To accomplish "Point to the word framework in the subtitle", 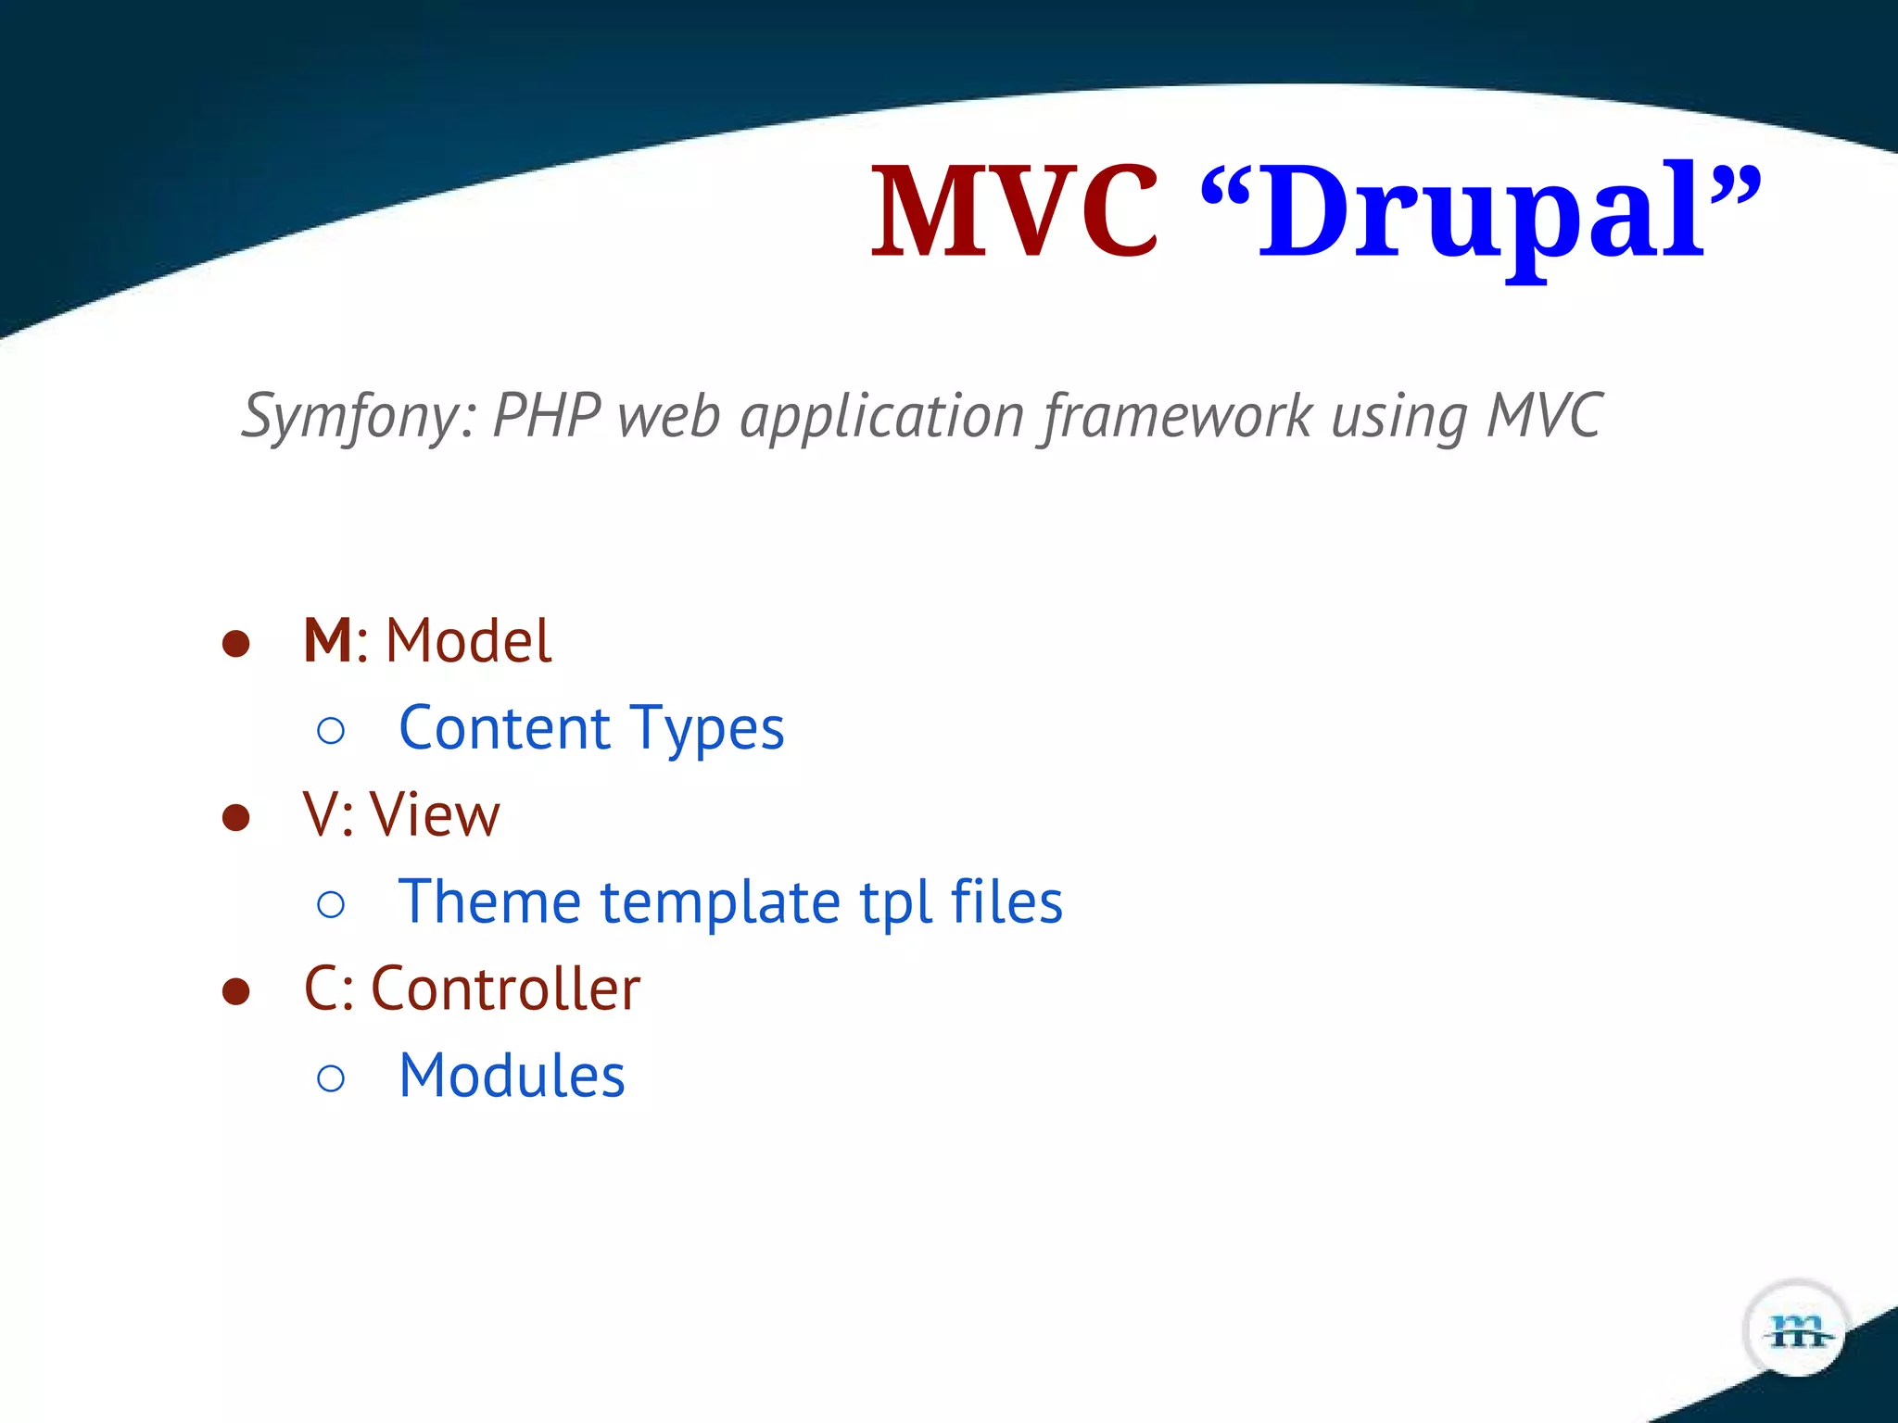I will point(1178,416).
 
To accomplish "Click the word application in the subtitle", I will point(881,416).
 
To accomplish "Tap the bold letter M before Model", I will point(327,640).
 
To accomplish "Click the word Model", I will point(468,640).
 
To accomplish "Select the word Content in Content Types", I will point(504,727).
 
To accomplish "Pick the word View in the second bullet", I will point(435,815).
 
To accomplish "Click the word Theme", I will point(489,901).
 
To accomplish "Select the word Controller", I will point(505,989).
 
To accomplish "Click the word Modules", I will point(512,1076).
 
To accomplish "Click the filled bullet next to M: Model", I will point(236,644).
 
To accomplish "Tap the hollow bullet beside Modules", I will point(331,1078).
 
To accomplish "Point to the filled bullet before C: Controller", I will point(236,991).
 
